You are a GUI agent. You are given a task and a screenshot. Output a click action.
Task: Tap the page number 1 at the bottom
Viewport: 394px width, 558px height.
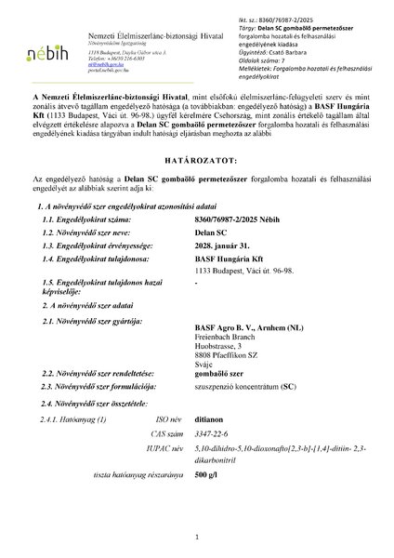tap(197, 537)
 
